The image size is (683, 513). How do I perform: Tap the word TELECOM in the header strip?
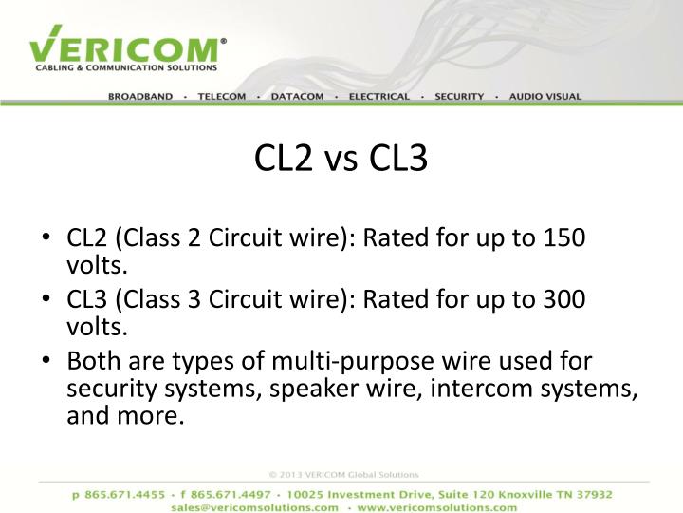(222, 97)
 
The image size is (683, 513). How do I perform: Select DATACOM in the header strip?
(297, 97)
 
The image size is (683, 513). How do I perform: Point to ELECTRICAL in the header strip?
(379, 97)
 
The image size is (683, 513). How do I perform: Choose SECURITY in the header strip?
(460, 97)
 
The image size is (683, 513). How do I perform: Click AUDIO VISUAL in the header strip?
(545, 97)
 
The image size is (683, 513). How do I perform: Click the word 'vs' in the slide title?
(341, 160)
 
